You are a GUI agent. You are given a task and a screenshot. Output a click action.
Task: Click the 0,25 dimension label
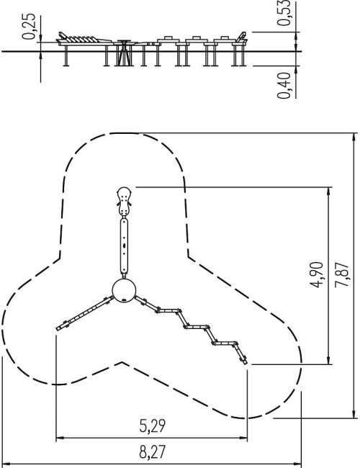pyautogui.click(x=30, y=27)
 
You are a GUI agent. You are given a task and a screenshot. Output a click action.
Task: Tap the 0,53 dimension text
pyautogui.click(x=283, y=12)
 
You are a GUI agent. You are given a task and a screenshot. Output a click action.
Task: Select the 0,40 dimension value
pyautogui.click(x=283, y=86)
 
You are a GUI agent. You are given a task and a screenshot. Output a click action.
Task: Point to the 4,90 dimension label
pyautogui.click(x=316, y=275)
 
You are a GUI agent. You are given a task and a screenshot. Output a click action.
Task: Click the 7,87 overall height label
pyautogui.click(x=341, y=275)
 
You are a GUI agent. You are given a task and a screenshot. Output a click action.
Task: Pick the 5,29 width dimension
pyautogui.click(x=152, y=426)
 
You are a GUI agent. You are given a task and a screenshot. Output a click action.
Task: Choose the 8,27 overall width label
pyautogui.click(x=152, y=452)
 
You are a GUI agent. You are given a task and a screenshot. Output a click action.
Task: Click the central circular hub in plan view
pyautogui.click(x=124, y=290)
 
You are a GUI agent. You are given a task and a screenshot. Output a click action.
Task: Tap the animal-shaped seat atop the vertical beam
pyautogui.click(x=124, y=202)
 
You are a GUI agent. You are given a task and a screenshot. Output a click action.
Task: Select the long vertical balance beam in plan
pyautogui.click(x=124, y=246)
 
